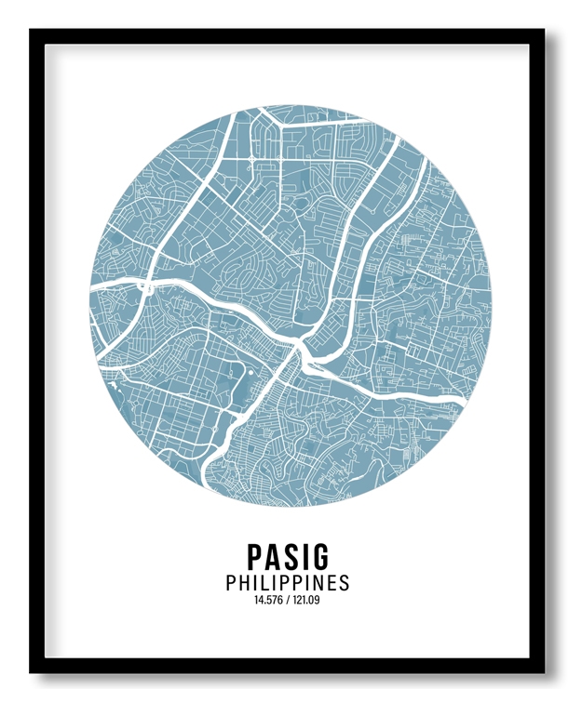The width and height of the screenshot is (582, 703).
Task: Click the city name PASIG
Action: (x=288, y=556)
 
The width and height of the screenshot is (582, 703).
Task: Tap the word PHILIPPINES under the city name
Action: (x=288, y=583)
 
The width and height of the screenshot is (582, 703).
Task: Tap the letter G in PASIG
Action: (x=319, y=556)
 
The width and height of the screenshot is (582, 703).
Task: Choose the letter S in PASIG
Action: (x=290, y=556)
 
